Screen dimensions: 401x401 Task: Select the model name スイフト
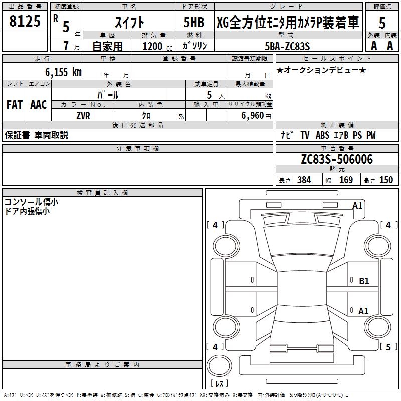coord(129,22)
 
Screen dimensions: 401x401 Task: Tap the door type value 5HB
coord(194,22)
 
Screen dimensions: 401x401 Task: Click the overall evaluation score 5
coord(382,23)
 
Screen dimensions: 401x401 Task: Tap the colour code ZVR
coord(83,115)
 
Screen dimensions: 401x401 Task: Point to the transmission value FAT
coord(15,105)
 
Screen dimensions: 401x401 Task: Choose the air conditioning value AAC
coord(38,105)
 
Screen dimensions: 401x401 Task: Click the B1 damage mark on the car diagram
coord(364,281)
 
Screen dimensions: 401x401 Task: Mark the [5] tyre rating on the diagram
coord(388,346)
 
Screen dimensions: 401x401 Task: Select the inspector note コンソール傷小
coord(31,202)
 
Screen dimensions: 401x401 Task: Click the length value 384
coord(304,180)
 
